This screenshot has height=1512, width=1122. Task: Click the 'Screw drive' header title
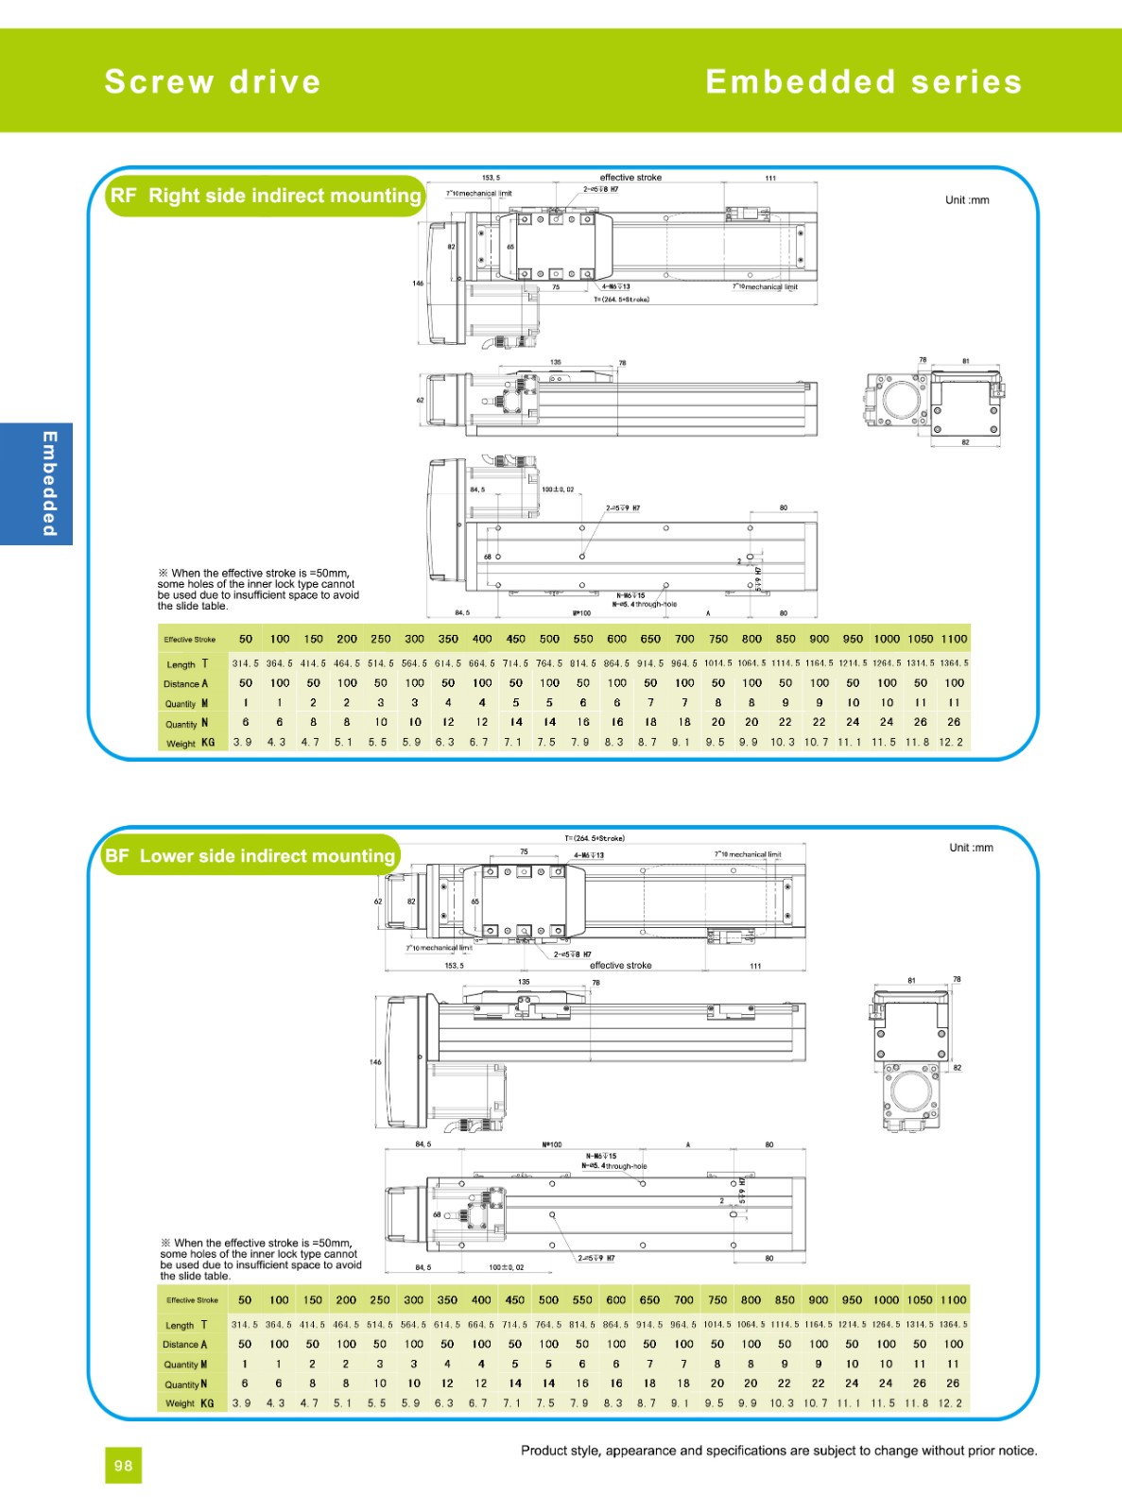(x=213, y=82)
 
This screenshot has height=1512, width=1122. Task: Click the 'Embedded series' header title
(x=863, y=82)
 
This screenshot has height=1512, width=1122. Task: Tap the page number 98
(x=123, y=1466)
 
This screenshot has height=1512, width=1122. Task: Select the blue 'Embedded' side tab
(x=36, y=484)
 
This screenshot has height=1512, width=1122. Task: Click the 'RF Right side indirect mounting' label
(x=266, y=196)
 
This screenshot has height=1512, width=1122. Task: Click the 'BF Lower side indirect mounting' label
(x=250, y=856)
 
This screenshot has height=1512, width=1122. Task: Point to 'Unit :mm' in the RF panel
(x=967, y=200)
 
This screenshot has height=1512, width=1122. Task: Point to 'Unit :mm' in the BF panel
(x=971, y=848)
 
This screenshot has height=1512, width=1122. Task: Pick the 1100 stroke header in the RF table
(x=954, y=639)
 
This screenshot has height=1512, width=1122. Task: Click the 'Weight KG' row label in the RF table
(x=190, y=744)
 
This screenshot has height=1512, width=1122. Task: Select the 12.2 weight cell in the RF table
(x=951, y=743)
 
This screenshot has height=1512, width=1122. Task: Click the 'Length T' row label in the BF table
(x=186, y=1325)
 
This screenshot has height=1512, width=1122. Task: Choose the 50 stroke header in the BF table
(x=245, y=1300)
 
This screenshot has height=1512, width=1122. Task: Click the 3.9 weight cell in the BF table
(x=242, y=1403)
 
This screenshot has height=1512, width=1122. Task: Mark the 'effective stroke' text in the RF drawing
(x=630, y=178)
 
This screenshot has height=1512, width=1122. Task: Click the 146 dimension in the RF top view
(x=418, y=283)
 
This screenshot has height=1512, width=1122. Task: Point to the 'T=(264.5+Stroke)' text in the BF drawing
(x=595, y=838)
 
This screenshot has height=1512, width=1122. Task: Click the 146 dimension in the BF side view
(x=375, y=1062)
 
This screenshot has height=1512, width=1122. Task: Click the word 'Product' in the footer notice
(x=544, y=1451)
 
